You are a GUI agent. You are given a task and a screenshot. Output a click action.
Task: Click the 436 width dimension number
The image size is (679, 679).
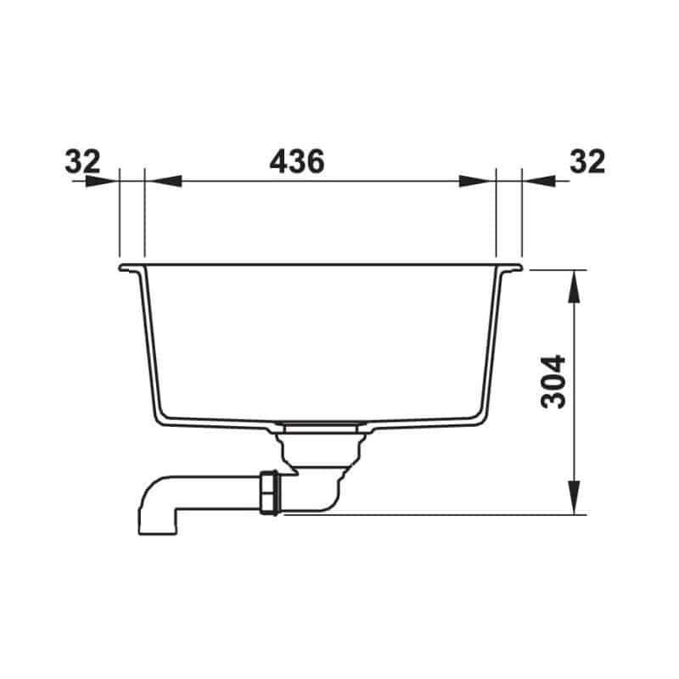296,161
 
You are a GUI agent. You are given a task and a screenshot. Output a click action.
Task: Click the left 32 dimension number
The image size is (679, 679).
82,161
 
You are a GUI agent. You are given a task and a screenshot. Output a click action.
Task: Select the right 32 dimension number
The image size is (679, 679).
587,161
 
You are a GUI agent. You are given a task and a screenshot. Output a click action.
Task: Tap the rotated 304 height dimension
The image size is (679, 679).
553,381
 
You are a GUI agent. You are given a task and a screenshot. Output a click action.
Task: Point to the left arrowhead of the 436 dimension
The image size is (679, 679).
163,181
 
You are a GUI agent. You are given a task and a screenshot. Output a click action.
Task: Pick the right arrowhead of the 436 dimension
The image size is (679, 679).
477,181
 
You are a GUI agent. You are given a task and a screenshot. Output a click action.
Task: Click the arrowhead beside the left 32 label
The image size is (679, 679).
102,181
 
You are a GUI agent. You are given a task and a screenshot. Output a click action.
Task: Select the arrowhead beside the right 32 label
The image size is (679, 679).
539,181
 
